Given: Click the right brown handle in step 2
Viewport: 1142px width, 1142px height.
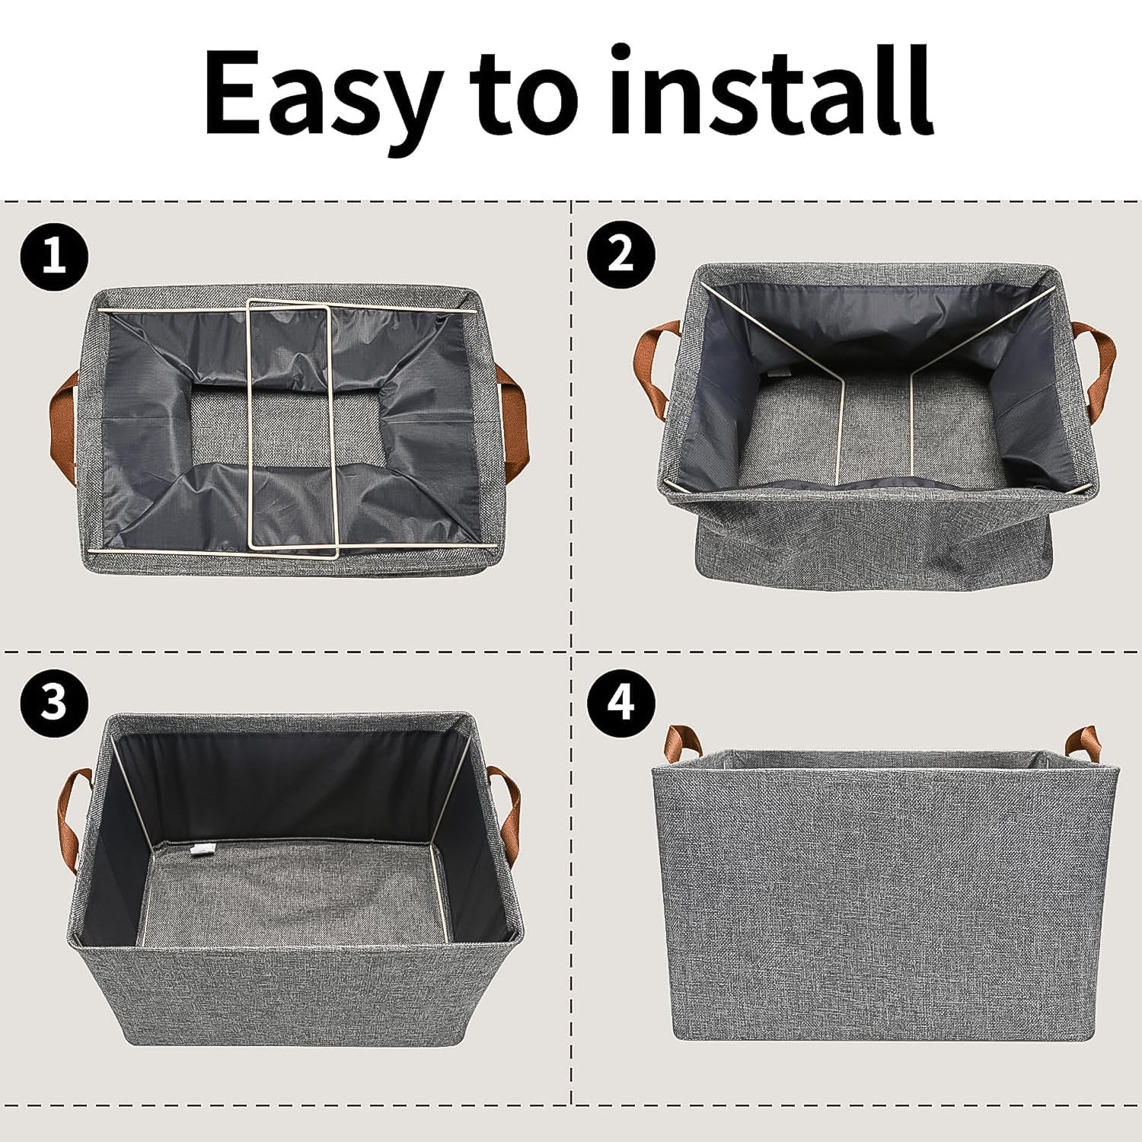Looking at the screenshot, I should pyautogui.click(x=1097, y=358).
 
